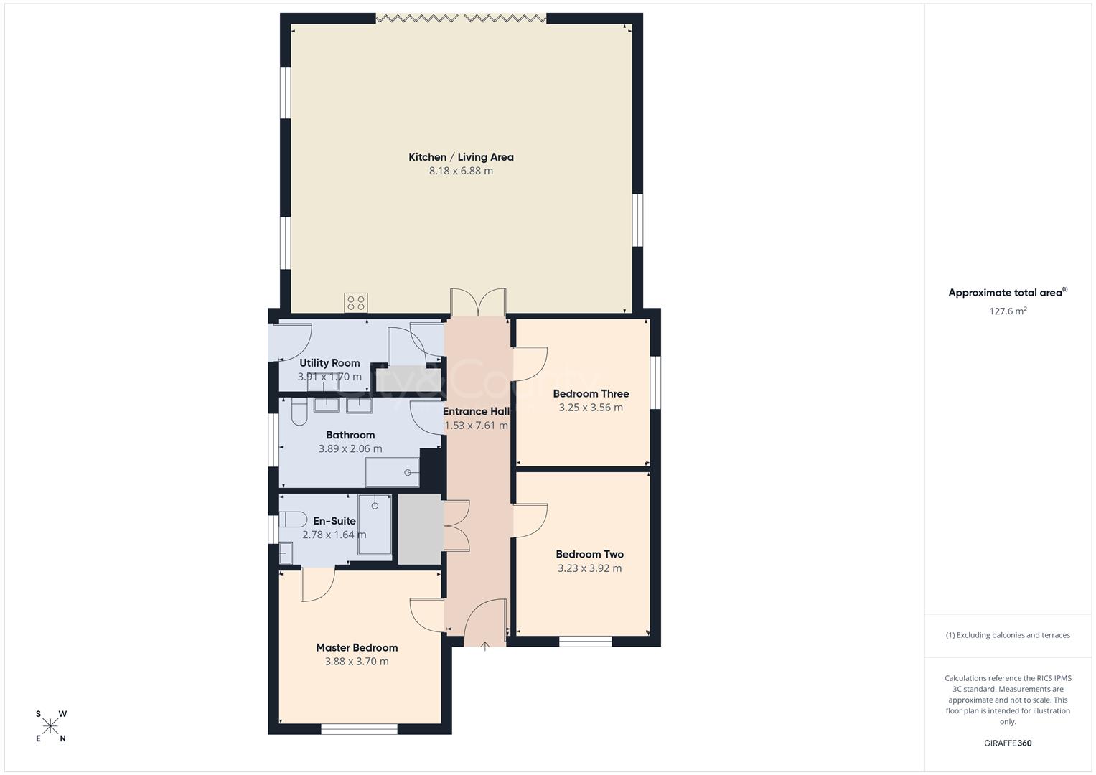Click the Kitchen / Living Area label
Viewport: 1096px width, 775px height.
[461, 157]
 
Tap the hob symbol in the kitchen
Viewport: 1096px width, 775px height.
[356, 303]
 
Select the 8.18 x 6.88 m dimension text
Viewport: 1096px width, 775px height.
[461, 171]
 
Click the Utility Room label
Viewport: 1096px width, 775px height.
[329, 363]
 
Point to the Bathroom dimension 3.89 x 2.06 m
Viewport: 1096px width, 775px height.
[350, 448]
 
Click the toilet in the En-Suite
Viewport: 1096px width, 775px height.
[292, 519]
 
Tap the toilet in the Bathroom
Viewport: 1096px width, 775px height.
[299, 412]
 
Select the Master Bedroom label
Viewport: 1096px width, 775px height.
[357, 647]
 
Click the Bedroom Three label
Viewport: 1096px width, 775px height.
[591, 393]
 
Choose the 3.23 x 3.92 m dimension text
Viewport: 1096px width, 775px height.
[589, 568]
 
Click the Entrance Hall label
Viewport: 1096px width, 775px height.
[476, 411]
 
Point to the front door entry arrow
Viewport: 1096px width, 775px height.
[485, 646]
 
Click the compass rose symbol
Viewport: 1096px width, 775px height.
[50, 726]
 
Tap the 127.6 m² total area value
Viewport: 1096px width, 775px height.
[1008, 311]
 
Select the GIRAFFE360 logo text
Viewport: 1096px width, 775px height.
[1008, 743]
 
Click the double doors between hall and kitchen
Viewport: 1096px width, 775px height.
[477, 301]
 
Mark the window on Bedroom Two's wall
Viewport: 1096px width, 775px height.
[586, 642]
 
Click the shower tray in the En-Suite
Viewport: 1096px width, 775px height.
[375, 525]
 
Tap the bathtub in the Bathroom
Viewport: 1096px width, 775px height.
[393, 472]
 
